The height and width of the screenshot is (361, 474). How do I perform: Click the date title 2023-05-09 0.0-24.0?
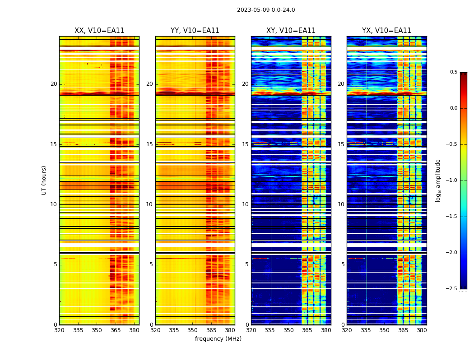tap(266, 10)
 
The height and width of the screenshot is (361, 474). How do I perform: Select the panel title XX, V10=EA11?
tap(99, 31)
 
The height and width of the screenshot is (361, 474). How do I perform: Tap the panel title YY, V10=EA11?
tap(195, 31)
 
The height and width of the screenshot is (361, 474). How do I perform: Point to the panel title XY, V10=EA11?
tap(291, 31)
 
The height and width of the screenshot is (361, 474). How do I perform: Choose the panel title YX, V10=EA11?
tap(386, 31)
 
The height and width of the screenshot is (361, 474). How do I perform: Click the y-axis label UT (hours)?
tap(44, 180)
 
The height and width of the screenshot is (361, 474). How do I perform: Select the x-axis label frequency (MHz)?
tap(218, 339)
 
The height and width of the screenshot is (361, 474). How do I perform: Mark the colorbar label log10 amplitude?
tap(438, 180)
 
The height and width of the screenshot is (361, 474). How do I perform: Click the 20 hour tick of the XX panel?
tap(54, 84)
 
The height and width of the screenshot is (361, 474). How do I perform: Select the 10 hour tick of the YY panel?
tap(149, 204)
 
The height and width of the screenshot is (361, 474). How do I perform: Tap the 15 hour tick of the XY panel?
tap(245, 144)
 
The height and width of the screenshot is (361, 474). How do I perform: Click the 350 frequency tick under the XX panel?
tap(97, 330)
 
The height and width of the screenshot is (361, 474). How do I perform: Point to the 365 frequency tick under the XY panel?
tap(307, 330)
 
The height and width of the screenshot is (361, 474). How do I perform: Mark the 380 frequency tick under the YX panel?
tap(422, 330)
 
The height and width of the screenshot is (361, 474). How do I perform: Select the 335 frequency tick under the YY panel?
tap(174, 330)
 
